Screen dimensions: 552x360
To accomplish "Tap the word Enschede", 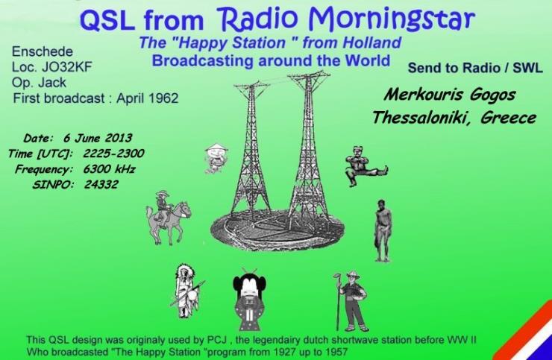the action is point(43,51).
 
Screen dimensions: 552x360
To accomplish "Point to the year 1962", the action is point(163,98).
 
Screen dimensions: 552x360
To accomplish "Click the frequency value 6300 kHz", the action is point(109,169).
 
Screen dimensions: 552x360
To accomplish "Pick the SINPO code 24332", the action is point(101,184).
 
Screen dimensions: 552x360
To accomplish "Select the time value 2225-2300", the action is point(113,153).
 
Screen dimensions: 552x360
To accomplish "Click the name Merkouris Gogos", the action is point(450,95).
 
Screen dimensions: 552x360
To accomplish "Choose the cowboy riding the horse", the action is point(168,217).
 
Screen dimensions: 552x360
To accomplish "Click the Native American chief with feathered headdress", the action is point(186,291).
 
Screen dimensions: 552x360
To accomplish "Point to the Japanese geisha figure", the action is point(249,300).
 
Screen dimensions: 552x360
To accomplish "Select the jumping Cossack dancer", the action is point(366,165).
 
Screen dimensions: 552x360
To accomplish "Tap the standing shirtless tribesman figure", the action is point(382,230).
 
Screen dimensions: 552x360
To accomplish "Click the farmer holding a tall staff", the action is point(351,301).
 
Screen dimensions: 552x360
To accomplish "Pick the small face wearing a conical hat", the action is point(216,158).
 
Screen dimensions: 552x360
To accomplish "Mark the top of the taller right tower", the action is point(310,73).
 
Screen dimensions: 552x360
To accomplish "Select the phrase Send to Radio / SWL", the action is point(475,68).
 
